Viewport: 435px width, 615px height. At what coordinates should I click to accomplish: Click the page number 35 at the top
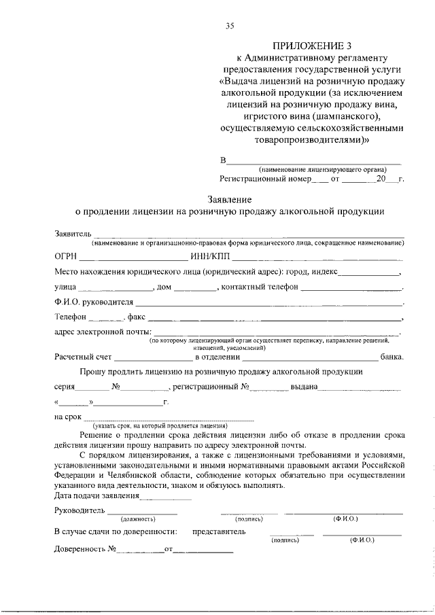pos(230,27)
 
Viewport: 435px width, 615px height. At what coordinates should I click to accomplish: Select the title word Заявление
pos(230,200)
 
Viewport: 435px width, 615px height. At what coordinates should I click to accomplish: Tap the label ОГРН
pos(66,257)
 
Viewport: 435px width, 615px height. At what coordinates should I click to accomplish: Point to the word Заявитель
pos(72,234)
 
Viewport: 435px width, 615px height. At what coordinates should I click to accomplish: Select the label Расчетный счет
pos(84,355)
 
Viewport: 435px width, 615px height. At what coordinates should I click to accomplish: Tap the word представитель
pos(219,531)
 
